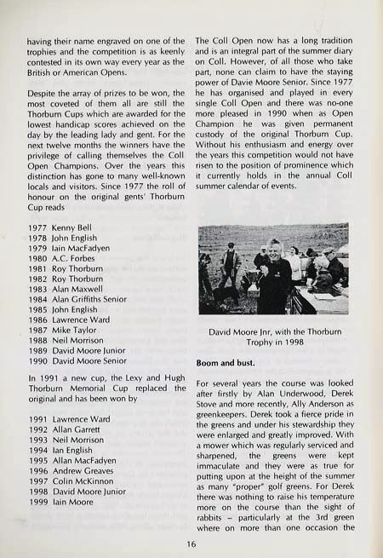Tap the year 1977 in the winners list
tap(38, 230)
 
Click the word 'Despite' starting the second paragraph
tap(43, 88)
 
